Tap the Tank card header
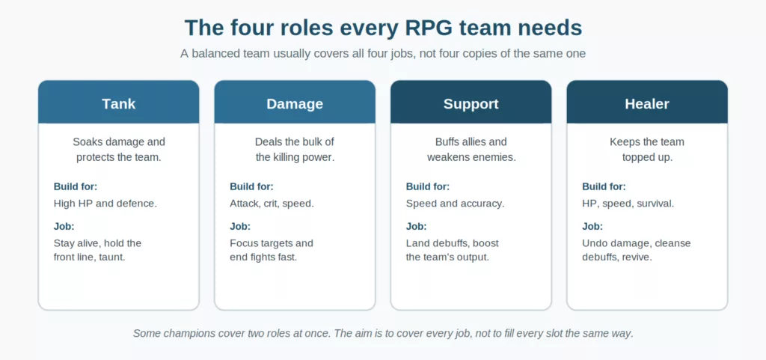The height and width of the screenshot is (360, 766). (x=119, y=102)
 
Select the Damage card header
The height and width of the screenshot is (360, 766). (x=295, y=102)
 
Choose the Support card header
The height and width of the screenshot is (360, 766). (x=471, y=102)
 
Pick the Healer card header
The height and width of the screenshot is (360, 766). (x=647, y=102)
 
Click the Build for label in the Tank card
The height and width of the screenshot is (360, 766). (x=76, y=186)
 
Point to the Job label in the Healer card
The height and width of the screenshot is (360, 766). (x=592, y=227)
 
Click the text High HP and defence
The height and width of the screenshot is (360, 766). (x=105, y=204)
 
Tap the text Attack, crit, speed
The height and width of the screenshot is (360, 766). (x=272, y=204)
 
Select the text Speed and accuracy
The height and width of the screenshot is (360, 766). (x=455, y=204)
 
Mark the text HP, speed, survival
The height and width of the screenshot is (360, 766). (x=628, y=204)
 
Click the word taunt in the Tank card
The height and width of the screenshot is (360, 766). (x=113, y=257)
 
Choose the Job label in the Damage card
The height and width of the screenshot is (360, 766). (x=240, y=227)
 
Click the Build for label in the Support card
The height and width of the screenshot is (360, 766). (x=428, y=186)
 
